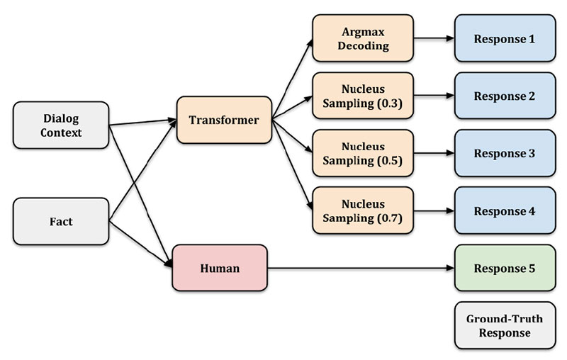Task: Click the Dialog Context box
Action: tap(61, 125)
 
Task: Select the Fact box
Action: tap(61, 221)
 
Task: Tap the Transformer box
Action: tap(224, 120)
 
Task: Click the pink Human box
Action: tap(220, 268)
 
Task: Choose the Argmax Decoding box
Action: tap(362, 38)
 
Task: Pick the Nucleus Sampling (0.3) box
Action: tap(362, 96)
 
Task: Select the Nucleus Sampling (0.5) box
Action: tap(362, 153)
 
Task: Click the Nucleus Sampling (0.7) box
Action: tap(362, 210)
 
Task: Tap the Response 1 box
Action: tap(504, 38)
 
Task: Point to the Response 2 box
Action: tap(504, 96)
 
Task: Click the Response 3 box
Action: tap(504, 153)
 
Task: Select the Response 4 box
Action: tap(504, 210)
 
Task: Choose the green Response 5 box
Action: tap(504, 268)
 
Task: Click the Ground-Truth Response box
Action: tap(504, 325)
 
